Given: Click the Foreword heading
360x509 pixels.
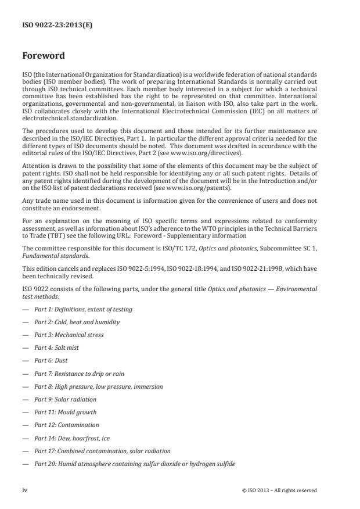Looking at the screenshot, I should [44, 56].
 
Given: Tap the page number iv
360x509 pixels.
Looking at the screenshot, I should [25, 490].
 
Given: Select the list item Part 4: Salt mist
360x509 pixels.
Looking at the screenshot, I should [56, 347].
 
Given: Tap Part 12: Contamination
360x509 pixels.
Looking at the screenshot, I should [66, 425].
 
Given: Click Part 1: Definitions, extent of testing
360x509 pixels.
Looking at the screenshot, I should [83, 309].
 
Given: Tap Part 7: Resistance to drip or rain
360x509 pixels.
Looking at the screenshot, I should [79, 373].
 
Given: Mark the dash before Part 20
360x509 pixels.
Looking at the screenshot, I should [25, 464].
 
